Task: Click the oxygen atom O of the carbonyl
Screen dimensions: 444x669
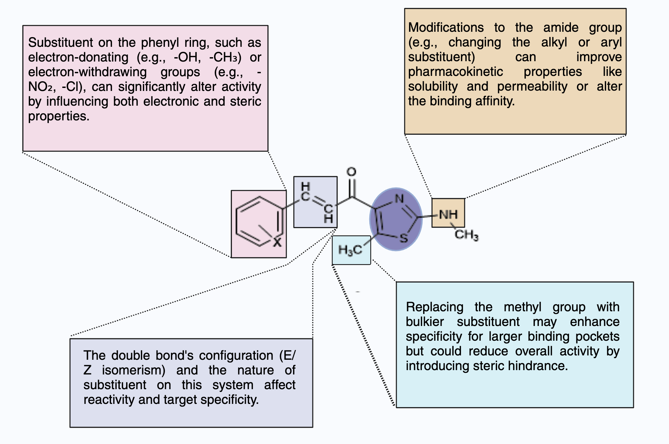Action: click(x=351, y=172)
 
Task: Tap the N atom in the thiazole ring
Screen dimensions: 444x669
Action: click(x=399, y=199)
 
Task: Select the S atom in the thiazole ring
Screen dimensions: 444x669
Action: click(x=404, y=238)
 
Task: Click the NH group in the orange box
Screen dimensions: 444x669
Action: click(x=448, y=214)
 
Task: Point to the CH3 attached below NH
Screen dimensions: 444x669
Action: click(x=466, y=235)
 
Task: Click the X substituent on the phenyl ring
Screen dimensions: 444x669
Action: click(x=277, y=242)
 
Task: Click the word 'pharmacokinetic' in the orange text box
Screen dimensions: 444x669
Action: click(x=455, y=72)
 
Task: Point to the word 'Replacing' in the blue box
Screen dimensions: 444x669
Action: click(x=435, y=307)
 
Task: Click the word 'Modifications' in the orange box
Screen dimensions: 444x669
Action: click(x=446, y=27)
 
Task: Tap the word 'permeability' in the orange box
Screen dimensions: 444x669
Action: click(x=532, y=86)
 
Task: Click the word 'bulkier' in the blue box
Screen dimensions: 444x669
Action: click(x=424, y=322)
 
